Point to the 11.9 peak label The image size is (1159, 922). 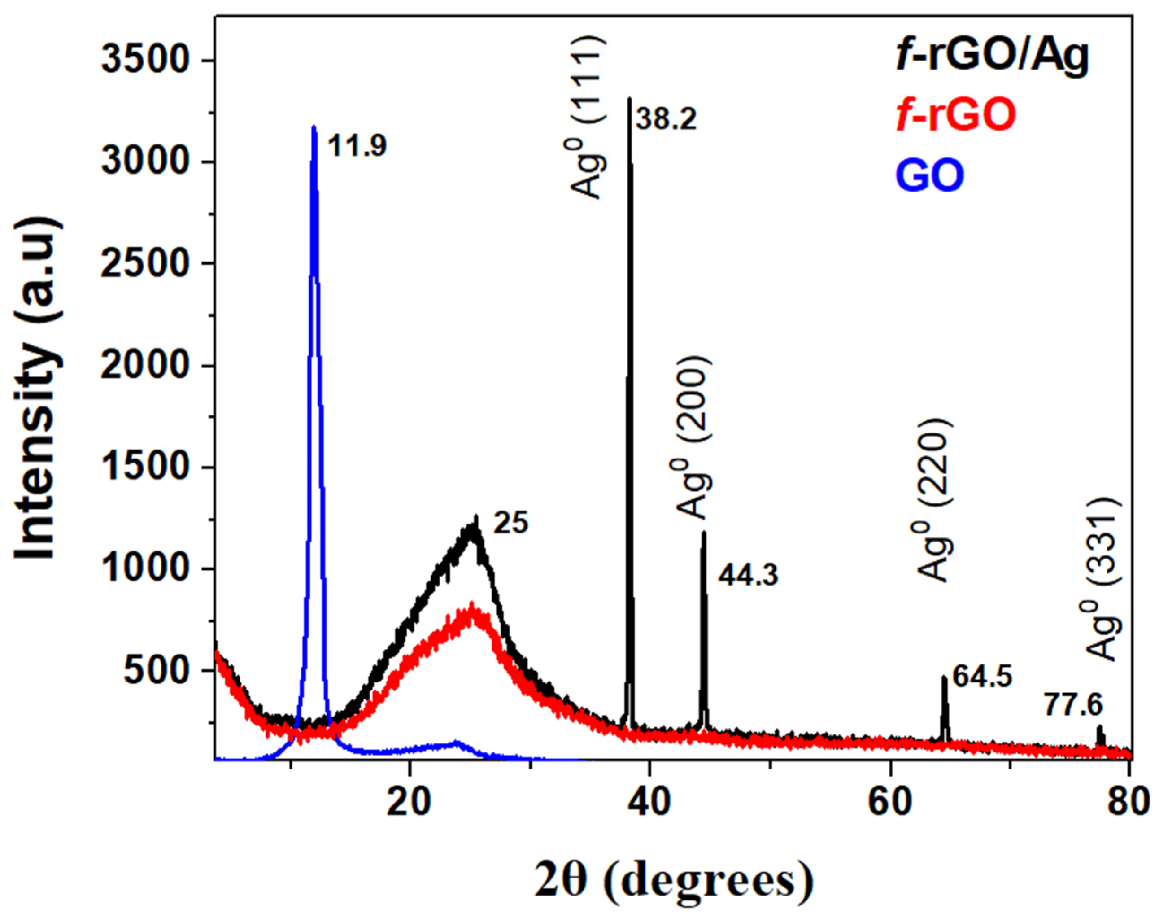(x=357, y=146)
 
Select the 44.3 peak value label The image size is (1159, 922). (x=748, y=577)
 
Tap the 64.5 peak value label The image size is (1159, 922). (x=983, y=676)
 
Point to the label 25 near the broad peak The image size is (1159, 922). (x=511, y=523)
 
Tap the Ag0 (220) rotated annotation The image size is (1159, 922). (x=935, y=500)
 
